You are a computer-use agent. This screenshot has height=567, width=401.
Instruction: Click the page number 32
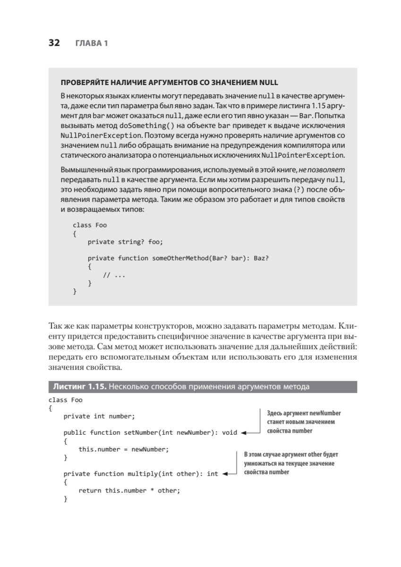tap(54, 43)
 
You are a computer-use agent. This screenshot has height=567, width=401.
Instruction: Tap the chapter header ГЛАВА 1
tap(92, 43)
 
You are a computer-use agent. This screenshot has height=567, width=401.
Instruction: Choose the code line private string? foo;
tap(125, 242)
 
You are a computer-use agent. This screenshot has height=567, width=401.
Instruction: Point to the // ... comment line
tap(114, 275)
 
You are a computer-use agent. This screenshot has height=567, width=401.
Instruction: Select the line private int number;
tap(99, 416)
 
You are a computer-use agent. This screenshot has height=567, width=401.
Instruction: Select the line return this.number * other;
tap(129, 490)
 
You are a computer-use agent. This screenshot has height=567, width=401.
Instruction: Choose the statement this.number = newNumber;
tap(124, 449)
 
